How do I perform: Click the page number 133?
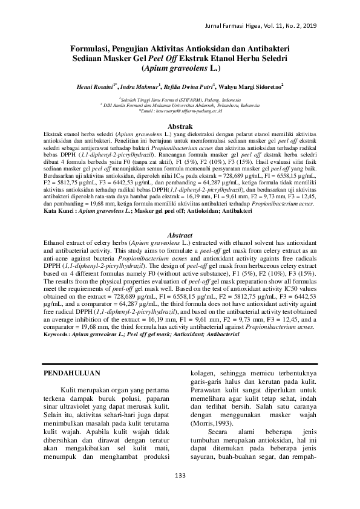(x=180, y=476)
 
